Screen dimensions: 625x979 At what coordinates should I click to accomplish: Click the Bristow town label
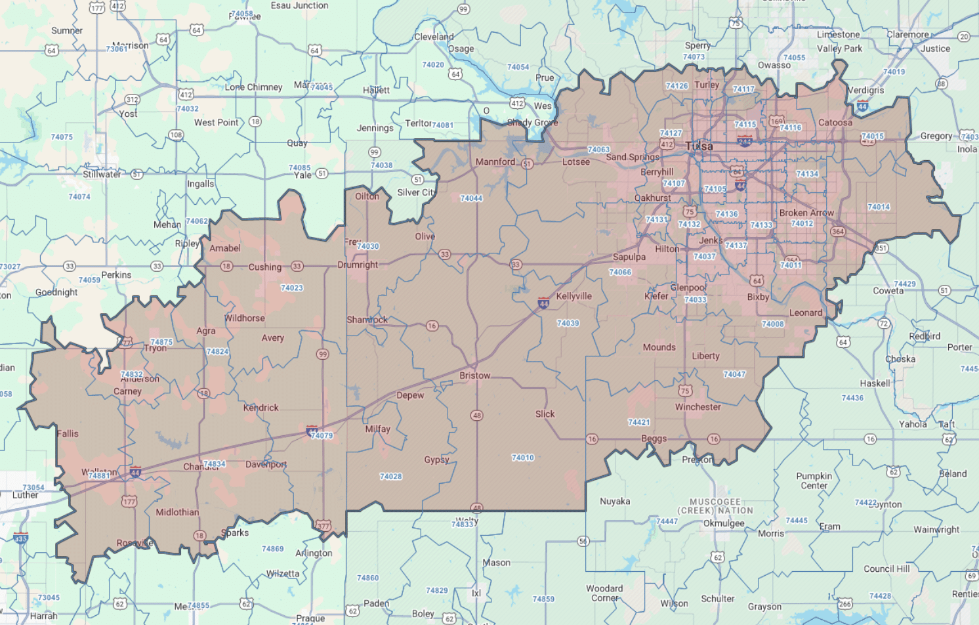(474, 376)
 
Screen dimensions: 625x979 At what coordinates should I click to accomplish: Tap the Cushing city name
(264, 267)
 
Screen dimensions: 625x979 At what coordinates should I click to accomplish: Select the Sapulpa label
(629, 257)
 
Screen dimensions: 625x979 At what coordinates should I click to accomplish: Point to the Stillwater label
(102, 175)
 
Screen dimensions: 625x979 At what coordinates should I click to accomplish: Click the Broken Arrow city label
(806, 213)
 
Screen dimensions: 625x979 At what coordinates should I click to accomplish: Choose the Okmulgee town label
(724, 523)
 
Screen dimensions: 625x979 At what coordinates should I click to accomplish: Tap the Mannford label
(495, 162)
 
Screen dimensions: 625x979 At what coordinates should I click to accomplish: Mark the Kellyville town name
(573, 296)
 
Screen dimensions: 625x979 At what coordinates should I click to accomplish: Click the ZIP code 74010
(522, 458)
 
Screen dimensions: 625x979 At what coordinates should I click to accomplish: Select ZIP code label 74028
(390, 477)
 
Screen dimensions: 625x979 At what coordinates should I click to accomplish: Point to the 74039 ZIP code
(568, 323)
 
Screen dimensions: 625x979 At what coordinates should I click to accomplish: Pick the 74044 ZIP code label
(471, 198)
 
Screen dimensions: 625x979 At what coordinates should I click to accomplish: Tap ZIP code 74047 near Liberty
(734, 374)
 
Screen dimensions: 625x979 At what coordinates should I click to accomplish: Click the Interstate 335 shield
(21, 538)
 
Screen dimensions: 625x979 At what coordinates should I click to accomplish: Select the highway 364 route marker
(837, 232)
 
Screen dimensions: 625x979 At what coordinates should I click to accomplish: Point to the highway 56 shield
(583, 541)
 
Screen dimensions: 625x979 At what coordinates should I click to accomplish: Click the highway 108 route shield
(176, 135)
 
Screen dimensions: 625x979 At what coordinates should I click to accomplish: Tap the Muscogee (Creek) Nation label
(715, 506)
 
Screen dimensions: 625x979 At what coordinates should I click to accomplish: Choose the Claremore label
(907, 34)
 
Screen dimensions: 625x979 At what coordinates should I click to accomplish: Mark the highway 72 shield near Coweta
(883, 324)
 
